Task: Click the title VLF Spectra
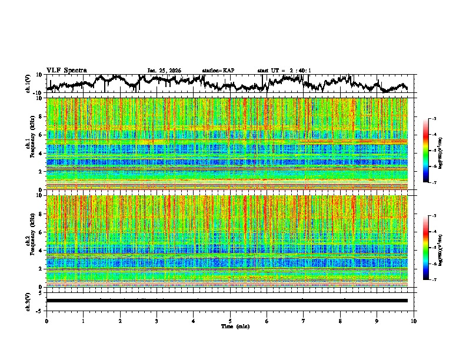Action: [x=66, y=70]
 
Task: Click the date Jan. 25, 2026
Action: [x=164, y=71]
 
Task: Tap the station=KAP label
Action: [x=218, y=71]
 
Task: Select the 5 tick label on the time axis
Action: [x=230, y=321]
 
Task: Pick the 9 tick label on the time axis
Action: [x=377, y=321]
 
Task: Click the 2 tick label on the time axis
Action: [x=120, y=321]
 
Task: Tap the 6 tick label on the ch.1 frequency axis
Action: [x=41, y=135]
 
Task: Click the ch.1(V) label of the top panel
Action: [x=28, y=84]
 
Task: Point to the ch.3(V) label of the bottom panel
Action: [x=28, y=301]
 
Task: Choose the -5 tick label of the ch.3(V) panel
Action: [x=39, y=309]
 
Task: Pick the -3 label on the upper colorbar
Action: [x=434, y=119]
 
